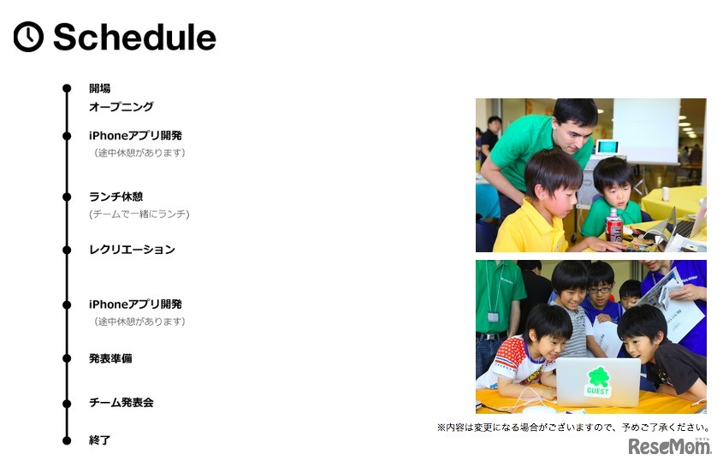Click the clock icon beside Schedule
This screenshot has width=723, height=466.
pos(28,37)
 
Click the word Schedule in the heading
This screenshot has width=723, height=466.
pos(134,37)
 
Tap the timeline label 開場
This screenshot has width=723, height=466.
pos(99,88)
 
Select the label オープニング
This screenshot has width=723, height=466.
pos(121,107)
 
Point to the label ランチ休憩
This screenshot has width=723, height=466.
pos(116,197)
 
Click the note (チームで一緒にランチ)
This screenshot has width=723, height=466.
pos(139,214)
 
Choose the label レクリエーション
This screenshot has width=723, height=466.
pos(132,250)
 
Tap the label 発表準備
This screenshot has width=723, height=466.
pos(110,358)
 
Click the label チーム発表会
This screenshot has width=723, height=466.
pos(121,403)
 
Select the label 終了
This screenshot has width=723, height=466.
pos(99,440)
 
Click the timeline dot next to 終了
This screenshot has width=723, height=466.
pos(67,440)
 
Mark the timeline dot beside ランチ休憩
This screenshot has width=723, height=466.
pos(67,197)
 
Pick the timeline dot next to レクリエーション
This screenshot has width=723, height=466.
pos(67,250)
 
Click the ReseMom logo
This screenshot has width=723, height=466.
pos(669,446)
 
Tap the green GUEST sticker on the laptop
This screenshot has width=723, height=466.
pos(597,382)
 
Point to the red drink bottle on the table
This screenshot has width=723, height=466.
pos(613,226)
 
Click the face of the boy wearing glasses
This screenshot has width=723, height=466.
pos(600,291)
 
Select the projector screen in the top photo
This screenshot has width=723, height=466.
pos(646,131)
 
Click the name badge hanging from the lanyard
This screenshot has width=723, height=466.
pos(493,316)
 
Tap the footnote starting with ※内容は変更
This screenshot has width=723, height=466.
pos(573,428)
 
